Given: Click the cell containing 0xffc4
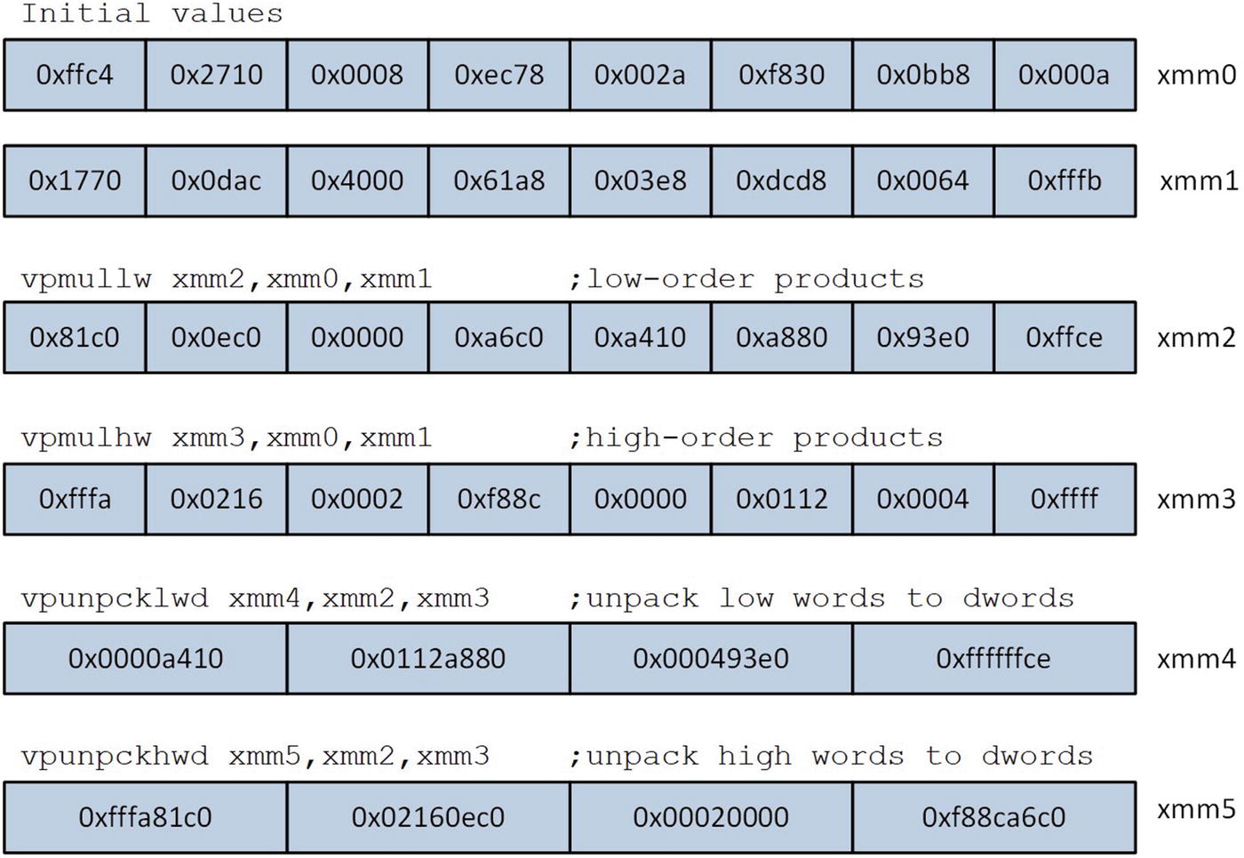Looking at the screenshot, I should click(x=75, y=75).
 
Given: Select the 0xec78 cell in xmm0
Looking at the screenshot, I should click(x=498, y=75).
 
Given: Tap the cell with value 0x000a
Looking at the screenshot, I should click(x=1064, y=75).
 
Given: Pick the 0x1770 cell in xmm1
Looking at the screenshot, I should click(x=75, y=180).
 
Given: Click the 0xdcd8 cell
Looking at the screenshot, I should click(x=781, y=180).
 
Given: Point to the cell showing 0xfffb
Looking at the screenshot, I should click(x=1064, y=180).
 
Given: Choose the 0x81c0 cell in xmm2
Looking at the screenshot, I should click(x=75, y=337).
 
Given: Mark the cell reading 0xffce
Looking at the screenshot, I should click(x=1064, y=337).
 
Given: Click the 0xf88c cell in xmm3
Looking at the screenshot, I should click(x=498, y=499).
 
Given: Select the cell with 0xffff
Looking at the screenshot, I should click(x=1064, y=499).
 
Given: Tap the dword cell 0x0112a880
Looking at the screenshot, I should click(x=427, y=658).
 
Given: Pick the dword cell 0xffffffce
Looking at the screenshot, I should click(x=993, y=658).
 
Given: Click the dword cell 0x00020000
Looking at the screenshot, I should click(x=710, y=817).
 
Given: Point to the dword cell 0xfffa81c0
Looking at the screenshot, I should click(x=145, y=817).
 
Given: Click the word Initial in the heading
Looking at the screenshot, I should click(x=85, y=13).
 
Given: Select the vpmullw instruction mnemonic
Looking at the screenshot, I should click(x=86, y=279).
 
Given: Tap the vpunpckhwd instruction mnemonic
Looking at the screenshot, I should click(x=115, y=757).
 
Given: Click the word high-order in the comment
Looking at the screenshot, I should click(x=679, y=437).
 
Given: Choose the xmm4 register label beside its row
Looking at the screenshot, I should click(x=1196, y=658).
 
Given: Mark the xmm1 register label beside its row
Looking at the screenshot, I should click(x=1198, y=180).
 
